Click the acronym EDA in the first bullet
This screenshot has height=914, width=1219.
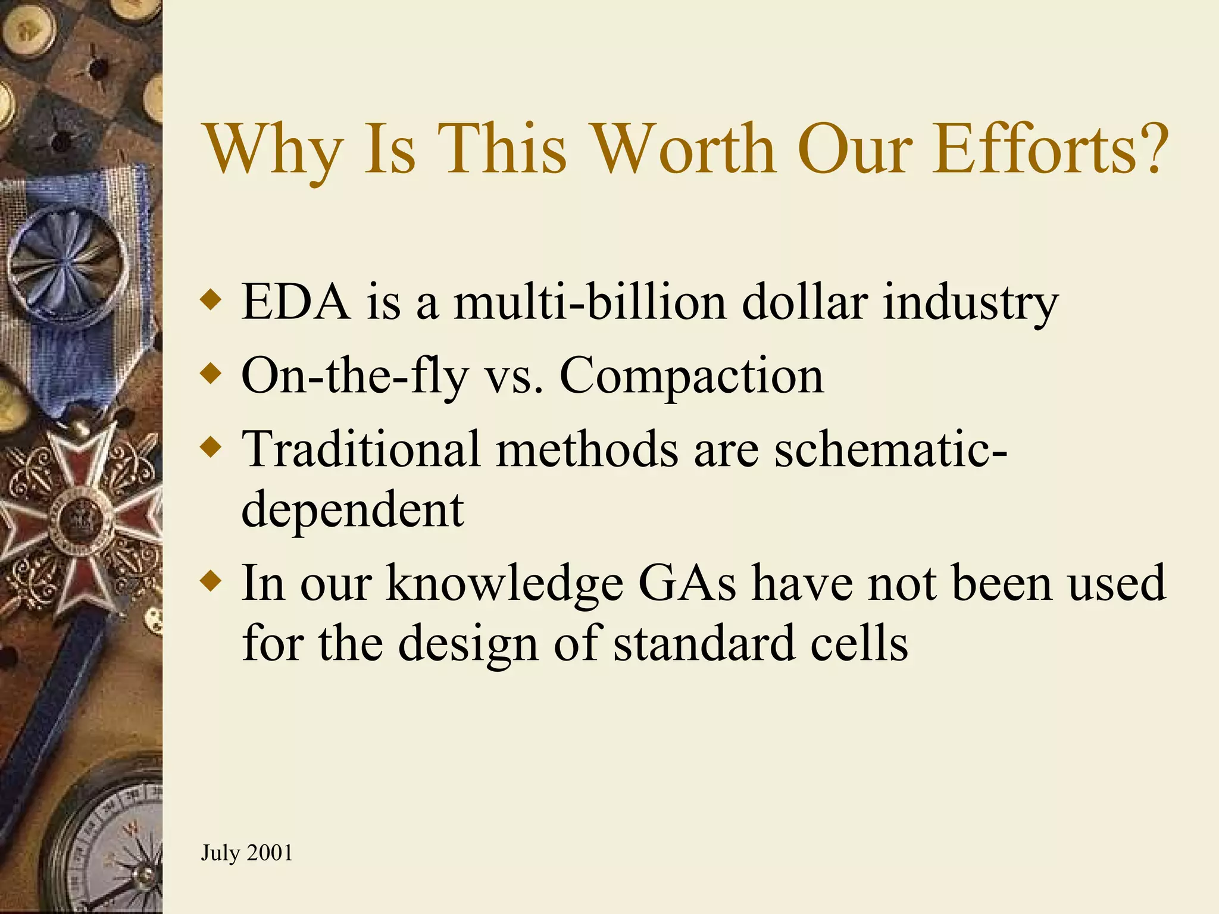[x=295, y=302]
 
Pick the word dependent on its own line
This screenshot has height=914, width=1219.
[x=352, y=511]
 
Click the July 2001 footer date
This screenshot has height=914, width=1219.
[x=246, y=853]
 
